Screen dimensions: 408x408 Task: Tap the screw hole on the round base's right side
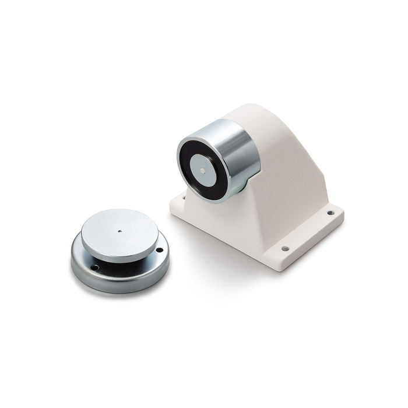pyautogui.click(x=159, y=250)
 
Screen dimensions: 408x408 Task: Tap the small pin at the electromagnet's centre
pyautogui.click(x=201, y=171)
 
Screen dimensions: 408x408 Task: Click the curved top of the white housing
pyautogui.click(x=256, y=117)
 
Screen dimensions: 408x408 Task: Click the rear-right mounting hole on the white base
pyautogui.click(x=330, y=213)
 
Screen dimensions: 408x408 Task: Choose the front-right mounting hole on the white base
pyautogui.click(x=285, y=249)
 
